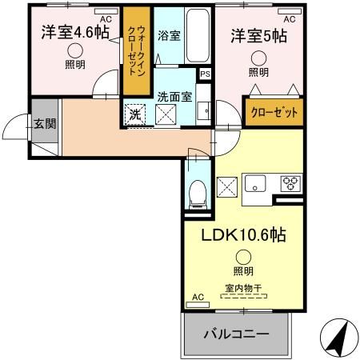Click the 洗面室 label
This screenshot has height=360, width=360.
click(174, 96)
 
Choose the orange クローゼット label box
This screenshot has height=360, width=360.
click(274, 113)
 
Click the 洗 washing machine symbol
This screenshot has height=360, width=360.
click(135, 114)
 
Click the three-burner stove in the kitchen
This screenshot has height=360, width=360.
click(290, 182)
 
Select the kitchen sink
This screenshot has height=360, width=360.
click(258, 182)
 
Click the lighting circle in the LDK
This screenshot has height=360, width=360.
click(242, 257)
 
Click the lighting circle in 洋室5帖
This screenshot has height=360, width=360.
click(258, 58)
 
